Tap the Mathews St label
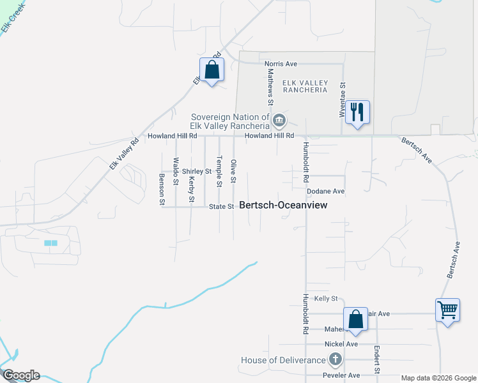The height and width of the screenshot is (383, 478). (x=270, y=88)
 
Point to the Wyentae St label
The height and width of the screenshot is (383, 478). (x=343, y=99)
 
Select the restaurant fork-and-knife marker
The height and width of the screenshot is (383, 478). (x=357, y=113)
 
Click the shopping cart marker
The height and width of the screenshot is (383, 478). (x=447, y=311)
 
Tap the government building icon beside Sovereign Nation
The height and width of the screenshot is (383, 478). (x=279, y=120)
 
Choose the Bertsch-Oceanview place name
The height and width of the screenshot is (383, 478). (x=282, y=205)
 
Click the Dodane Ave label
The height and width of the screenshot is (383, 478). (x=325, y=191)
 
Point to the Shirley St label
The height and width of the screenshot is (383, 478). (x=196, y=172)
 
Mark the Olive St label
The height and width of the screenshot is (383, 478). (x=233, y=171)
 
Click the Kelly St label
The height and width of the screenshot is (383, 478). (x=325, y=299)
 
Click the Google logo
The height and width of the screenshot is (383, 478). (x=20, y=375)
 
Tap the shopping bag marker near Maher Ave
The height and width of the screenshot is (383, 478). (x=355, y=319)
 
